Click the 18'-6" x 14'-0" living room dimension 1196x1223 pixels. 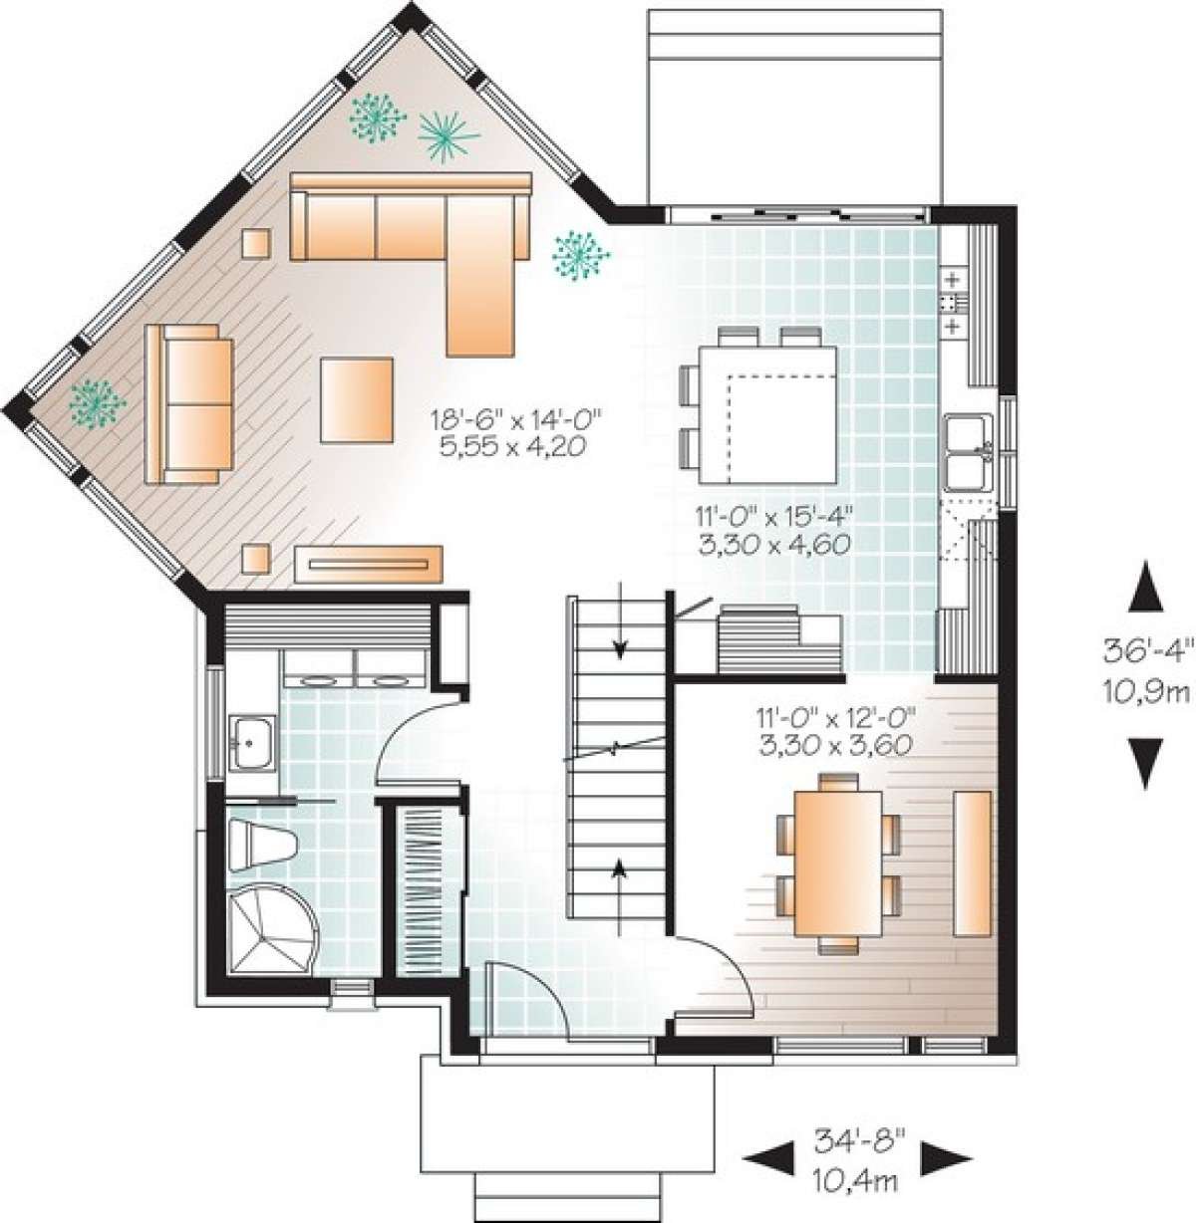[x=510, y=431]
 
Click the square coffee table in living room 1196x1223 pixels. [x=357, y=400]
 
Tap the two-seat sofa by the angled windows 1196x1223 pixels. [x=189, y=402]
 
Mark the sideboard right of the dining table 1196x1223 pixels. [x=972, y=863]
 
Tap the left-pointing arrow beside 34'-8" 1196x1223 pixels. [x=760, y=1155]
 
